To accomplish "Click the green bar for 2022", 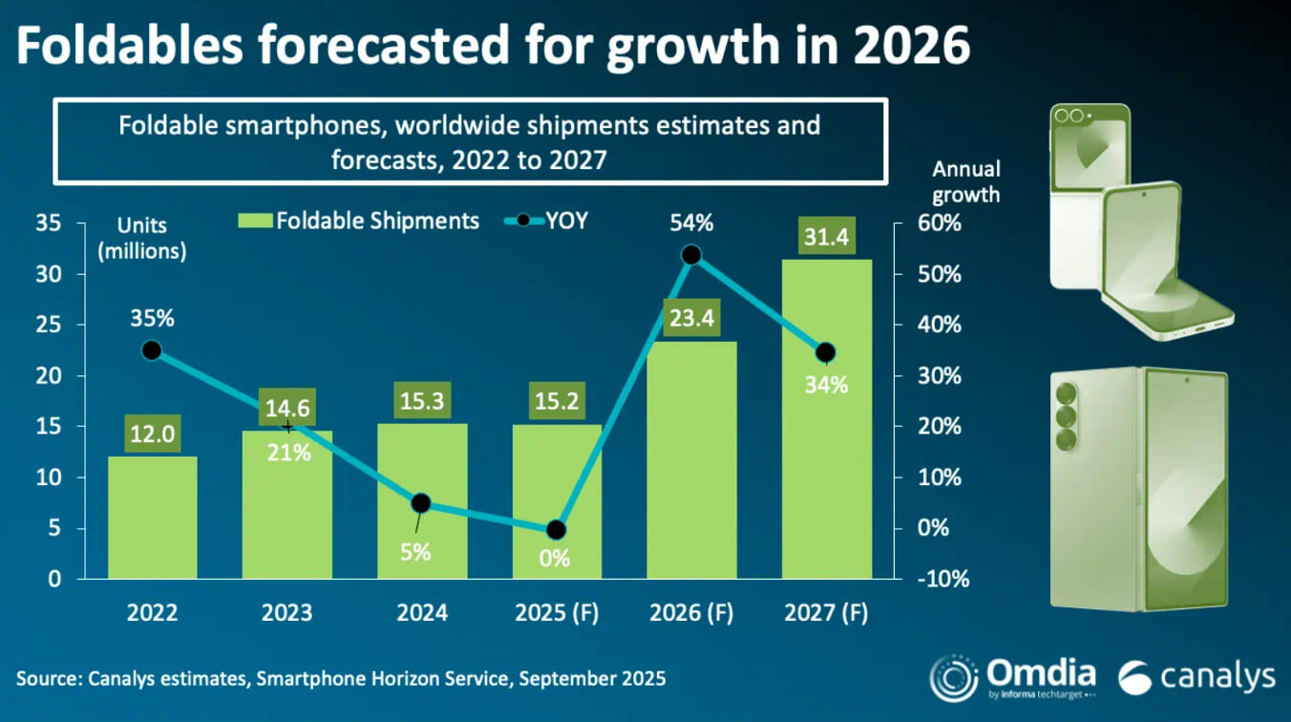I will coord(152,520).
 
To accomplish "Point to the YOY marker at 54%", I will coord(691,255).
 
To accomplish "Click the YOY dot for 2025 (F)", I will coord(557,530).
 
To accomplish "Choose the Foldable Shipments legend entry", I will coord(359,221).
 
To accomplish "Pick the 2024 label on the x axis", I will coord(422,612).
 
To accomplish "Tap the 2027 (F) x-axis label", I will coord(827,612).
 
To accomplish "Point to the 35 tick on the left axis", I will coord(48,223).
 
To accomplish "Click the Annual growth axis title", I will coord(966,181).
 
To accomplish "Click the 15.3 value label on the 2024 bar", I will coord(422,401).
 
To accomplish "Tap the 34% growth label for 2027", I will coord(827,385).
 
